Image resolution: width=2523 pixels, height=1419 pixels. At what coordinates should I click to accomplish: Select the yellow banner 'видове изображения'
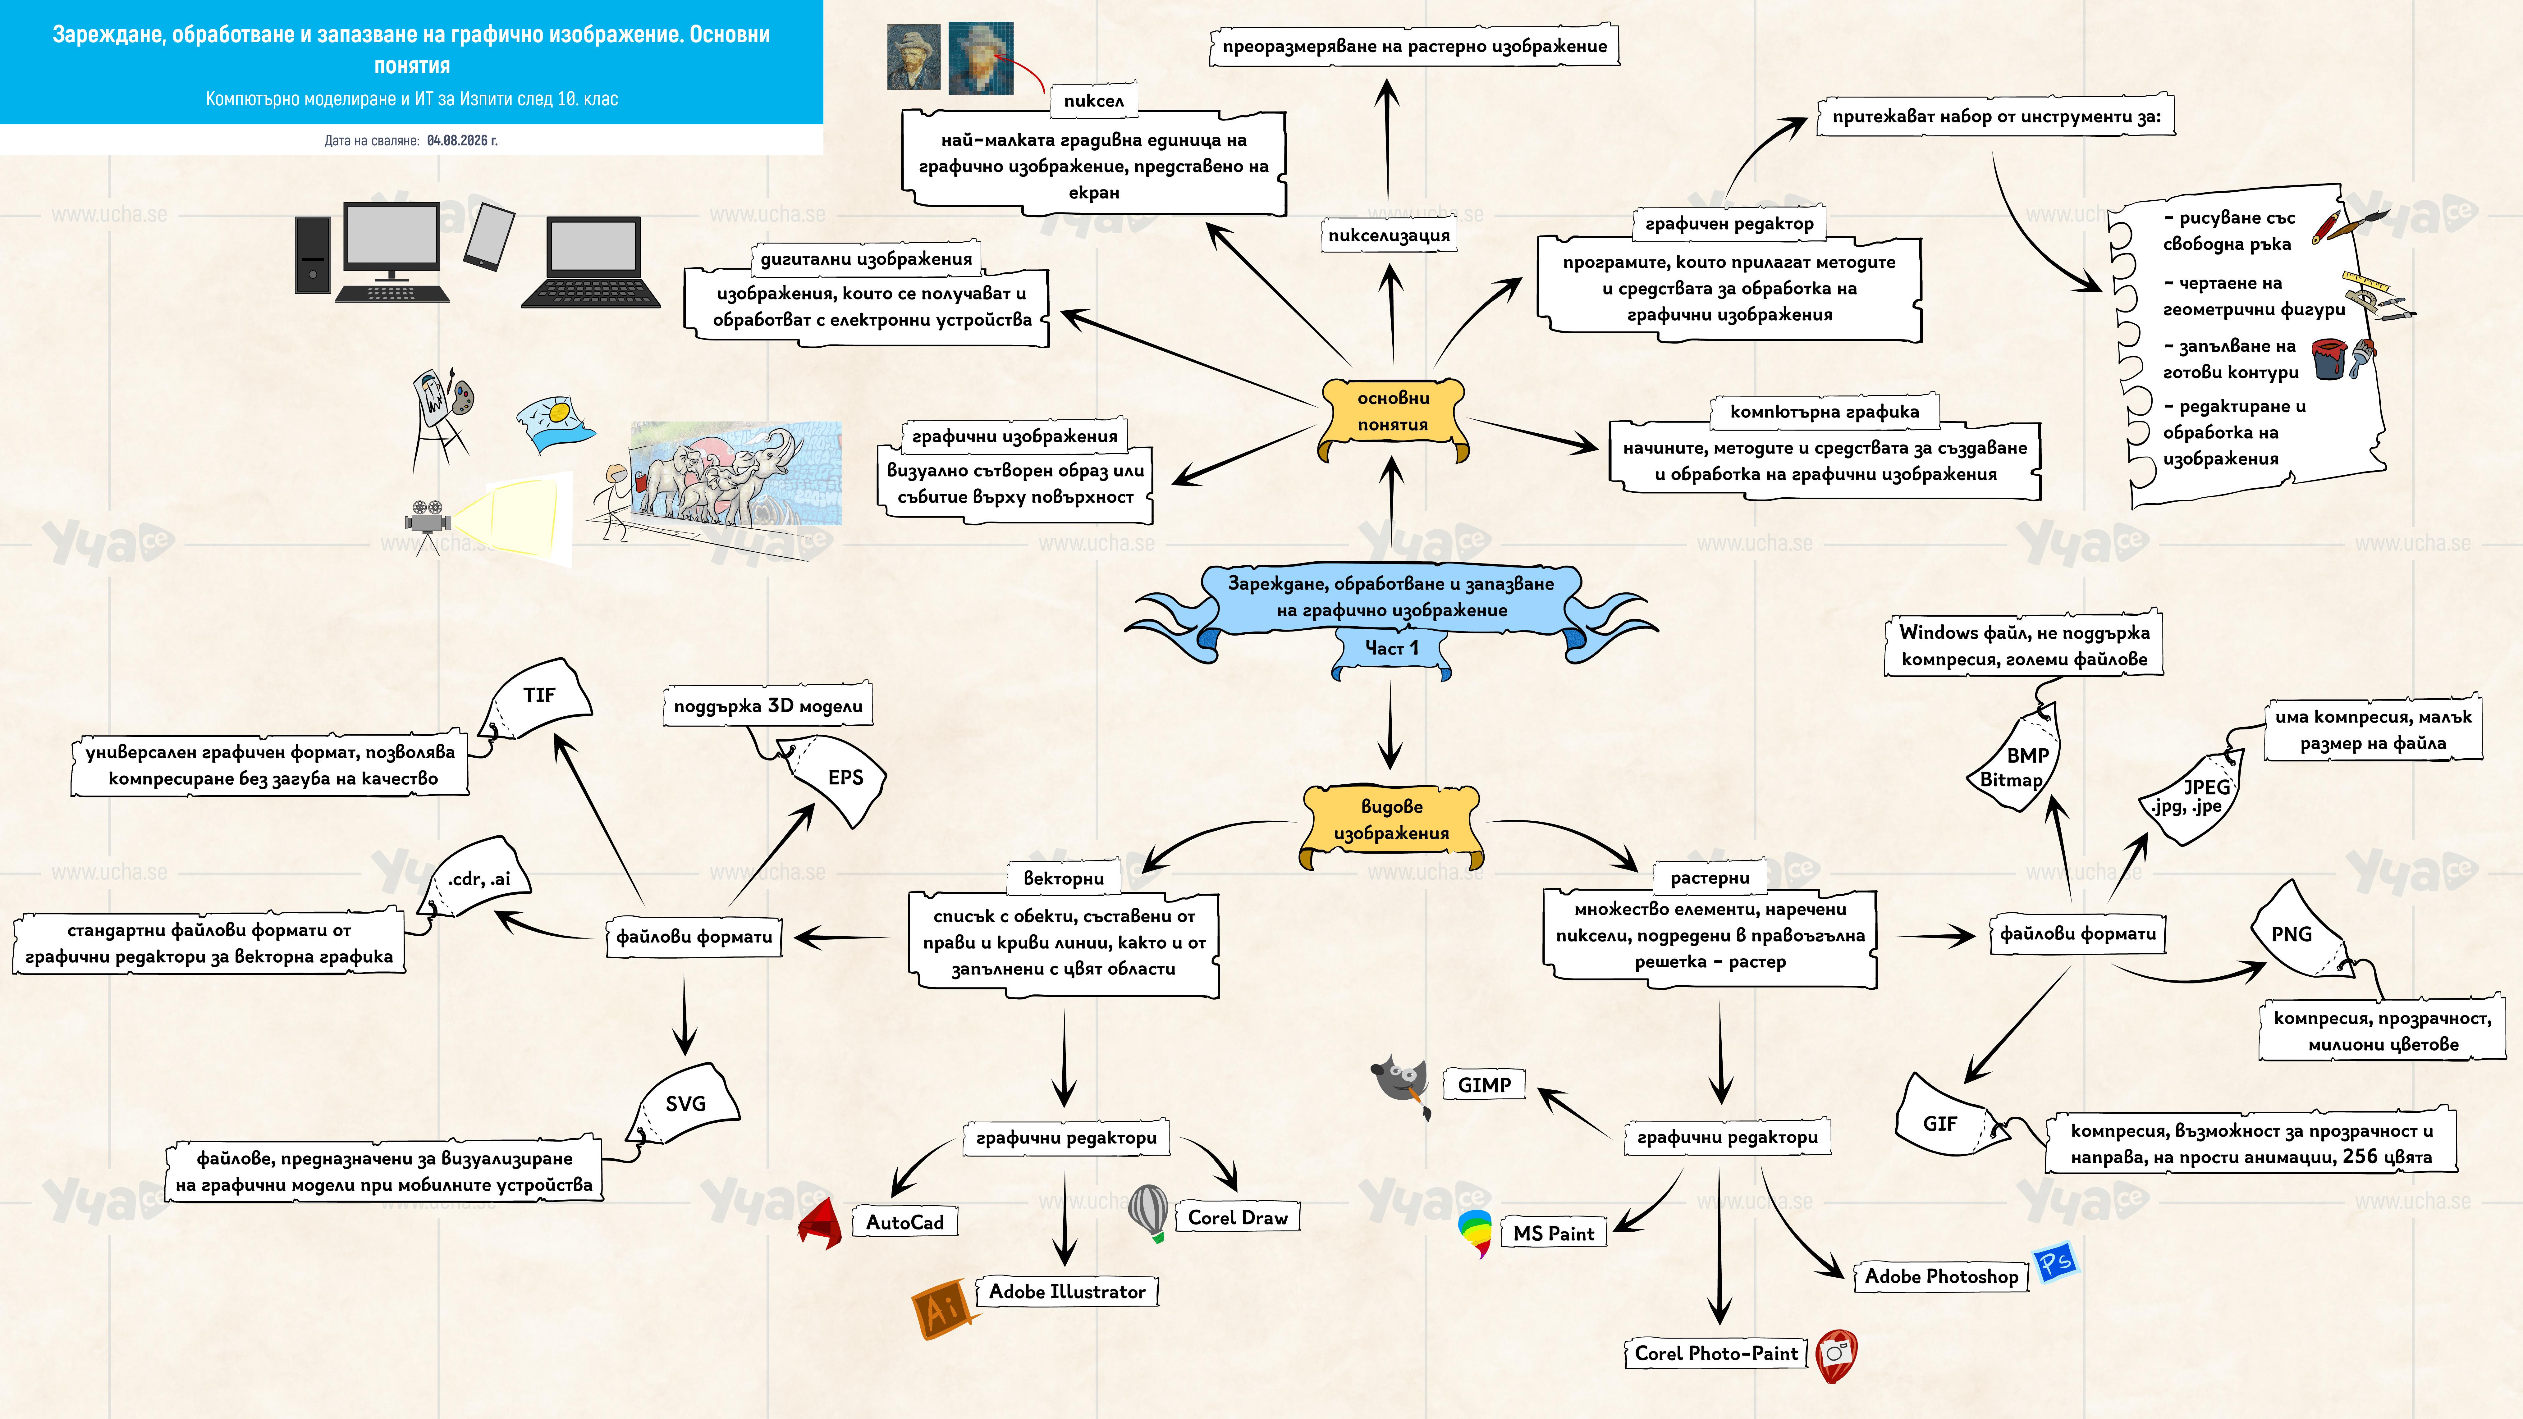(1391, 826)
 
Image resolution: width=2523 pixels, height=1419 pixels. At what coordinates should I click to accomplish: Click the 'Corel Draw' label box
(1237, 1217)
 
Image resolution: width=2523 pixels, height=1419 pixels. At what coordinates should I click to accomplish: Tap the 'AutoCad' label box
(904, 1222)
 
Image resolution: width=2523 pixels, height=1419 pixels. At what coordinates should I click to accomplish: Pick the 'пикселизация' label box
(1389, 235)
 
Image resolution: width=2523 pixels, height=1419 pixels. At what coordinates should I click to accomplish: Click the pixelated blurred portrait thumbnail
(981, 58)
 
